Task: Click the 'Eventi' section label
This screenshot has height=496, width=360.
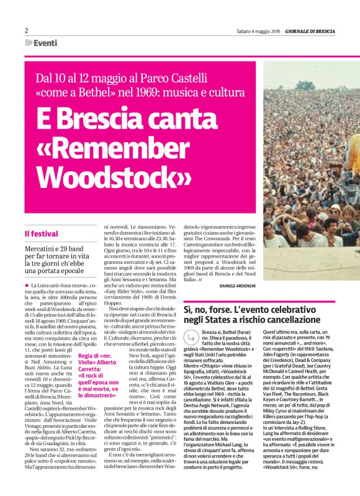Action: coord(45,43)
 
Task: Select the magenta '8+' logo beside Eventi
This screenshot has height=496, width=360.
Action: coord(29,43)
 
